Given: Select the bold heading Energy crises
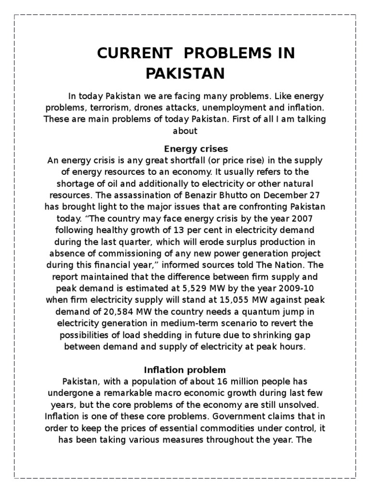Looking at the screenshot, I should point(196,148).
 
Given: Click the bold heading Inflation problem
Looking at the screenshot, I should point(185,370).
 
